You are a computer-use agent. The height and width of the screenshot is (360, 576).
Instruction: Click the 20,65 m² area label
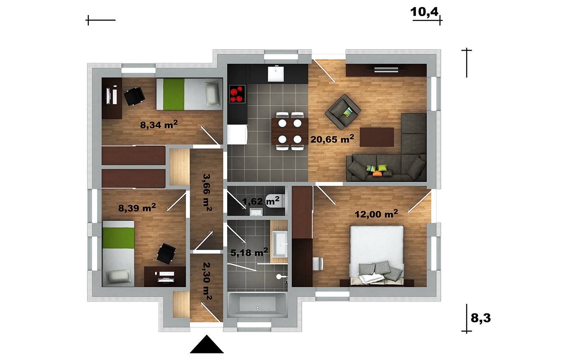(x=332, y=139)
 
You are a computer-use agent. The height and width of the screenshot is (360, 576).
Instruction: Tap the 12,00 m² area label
(x=376, y=214)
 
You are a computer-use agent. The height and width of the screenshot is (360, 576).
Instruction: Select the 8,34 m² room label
(x=159, y=124)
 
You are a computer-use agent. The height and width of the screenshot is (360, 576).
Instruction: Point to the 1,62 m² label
(x=261, y=201)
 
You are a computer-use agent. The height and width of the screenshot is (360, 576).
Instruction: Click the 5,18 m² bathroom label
(x=249, y=252)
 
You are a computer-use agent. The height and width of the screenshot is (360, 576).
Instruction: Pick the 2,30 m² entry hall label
(x=207, y=281)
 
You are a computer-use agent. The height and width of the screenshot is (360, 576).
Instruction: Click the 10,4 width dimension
(x=424, y=12)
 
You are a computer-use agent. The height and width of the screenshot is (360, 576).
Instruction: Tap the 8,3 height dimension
(x=481, y=318)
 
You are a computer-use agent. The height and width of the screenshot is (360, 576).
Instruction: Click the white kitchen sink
(x=276, y=74)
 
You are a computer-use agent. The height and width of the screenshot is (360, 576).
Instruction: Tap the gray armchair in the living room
(x=343, y=112)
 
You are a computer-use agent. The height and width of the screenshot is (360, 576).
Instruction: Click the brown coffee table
(x=377, y=137)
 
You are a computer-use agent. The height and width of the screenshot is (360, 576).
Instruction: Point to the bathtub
(x=258, y=305)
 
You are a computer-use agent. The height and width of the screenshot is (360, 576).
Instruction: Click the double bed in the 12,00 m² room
(x=377, y=256)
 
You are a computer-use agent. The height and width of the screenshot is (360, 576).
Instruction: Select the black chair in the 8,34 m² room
(x=134, y=96)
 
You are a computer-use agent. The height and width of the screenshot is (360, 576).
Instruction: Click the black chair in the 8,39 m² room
(x=166, y=254)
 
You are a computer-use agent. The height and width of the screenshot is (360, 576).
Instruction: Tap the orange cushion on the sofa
(x=377, y=174)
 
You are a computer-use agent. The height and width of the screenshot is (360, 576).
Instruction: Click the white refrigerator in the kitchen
(x=237, y=135)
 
